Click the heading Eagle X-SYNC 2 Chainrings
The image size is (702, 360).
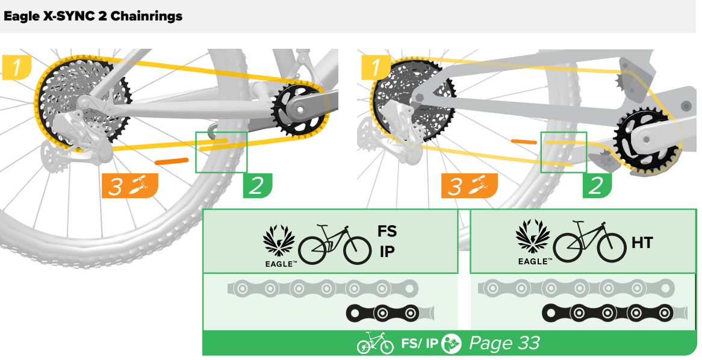(x=93, y=16)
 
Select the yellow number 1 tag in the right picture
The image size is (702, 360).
(x=376, y=67)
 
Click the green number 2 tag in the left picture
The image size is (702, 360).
(x=258, y=185)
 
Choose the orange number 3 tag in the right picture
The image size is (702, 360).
(x=469, y=185)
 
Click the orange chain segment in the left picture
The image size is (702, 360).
(x=172, y=161)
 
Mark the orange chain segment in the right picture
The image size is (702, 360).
(x=524, y=142)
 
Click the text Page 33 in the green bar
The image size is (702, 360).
(x=505, y=343)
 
